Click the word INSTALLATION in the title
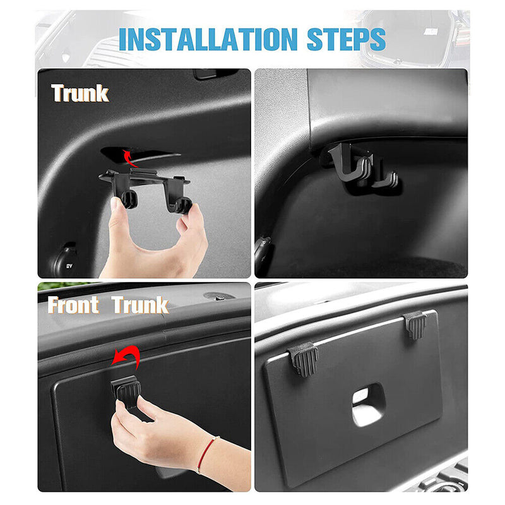207,39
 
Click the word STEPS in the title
347,39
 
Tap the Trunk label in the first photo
80,93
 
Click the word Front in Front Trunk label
74,306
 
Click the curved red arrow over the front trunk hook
125,358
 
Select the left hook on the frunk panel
304,358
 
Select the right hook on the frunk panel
415,324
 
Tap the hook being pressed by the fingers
128,391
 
